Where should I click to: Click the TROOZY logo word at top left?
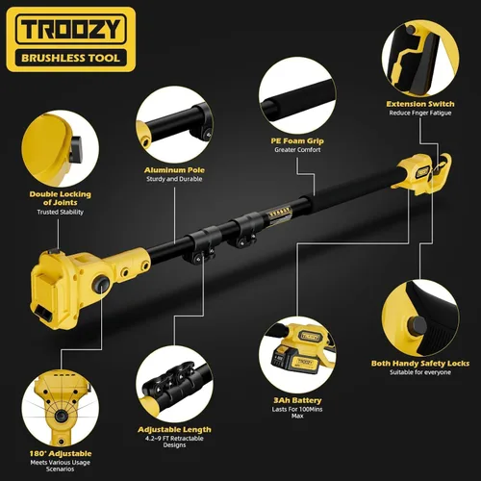click(71, 29)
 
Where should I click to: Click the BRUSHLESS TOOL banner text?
click(70, 58)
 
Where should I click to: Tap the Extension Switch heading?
click(420, 104)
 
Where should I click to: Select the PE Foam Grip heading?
click(297, 140)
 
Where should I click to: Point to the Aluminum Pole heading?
click(174, 170)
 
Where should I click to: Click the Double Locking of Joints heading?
click(61, 198)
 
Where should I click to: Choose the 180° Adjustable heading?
click(61, 453)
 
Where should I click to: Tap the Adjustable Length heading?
click(174, 429)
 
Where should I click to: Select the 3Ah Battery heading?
click(297, 400)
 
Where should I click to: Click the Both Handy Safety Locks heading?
click(420, 364)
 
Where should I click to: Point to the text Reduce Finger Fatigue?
click(420, 113)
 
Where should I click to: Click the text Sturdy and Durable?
click(174, 179)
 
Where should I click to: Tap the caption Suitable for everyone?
click(420, 372)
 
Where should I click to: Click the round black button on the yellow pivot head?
click(101, 284)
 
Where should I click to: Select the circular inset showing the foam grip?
click(297, 95)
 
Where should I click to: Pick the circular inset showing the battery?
click(297, 355)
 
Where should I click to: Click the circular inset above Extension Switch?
click(420, 59)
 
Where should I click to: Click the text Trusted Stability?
click(61, 212)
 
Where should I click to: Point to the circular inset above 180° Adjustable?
click(61, 408)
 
